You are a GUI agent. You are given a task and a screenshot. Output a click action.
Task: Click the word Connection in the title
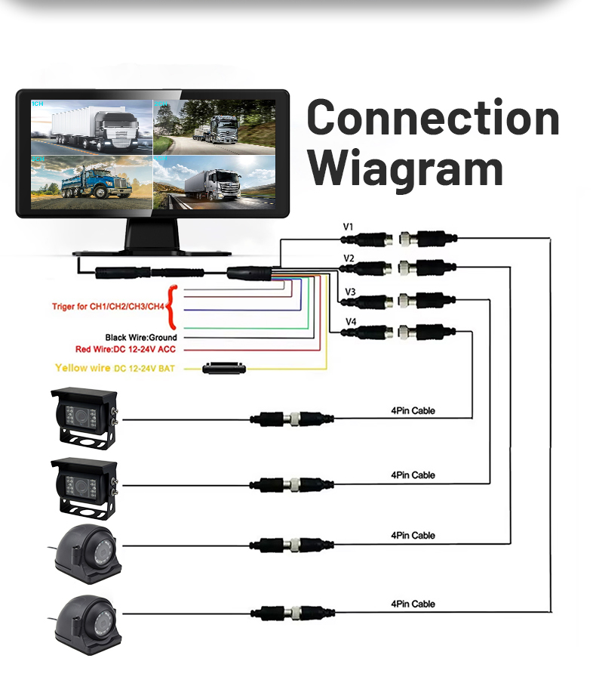(433, 119)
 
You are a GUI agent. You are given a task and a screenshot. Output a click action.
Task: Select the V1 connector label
(348, 226)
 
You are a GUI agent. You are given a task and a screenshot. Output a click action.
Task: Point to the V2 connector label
(349, 258)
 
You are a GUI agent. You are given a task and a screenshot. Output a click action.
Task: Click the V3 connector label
(350, 291)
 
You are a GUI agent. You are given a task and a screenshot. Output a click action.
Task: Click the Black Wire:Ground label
(141, 338)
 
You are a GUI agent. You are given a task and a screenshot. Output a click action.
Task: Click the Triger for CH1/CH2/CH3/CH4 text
(107, 307)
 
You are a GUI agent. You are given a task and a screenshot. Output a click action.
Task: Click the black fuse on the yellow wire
(225, 369)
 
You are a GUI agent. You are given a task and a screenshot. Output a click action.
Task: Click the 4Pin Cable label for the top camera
(413, 411)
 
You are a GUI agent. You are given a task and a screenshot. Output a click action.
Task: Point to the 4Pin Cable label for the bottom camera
(413, 604)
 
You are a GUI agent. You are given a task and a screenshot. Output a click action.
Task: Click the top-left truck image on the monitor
(91, 125)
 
